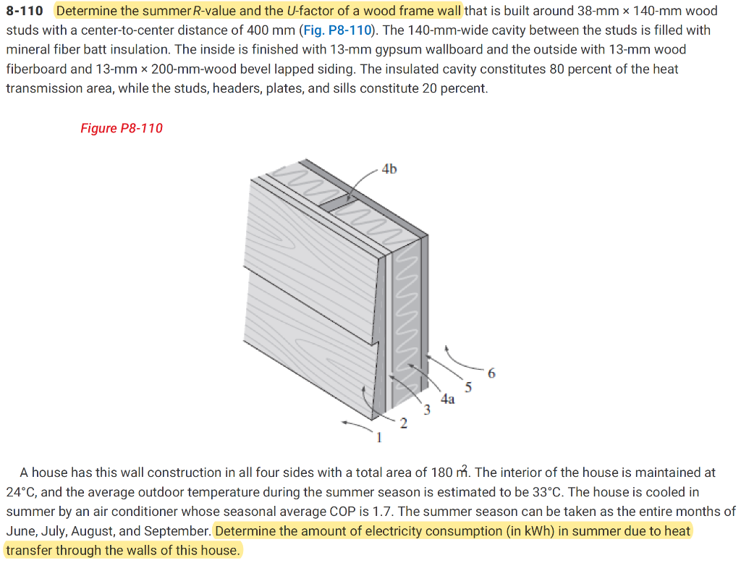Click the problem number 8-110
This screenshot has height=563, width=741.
point(25,12)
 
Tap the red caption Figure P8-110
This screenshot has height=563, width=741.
point(121,128)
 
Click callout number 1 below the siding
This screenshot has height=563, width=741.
point(377,437)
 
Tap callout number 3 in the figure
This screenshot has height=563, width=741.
point(427,411)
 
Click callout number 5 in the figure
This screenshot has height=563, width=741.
point(468,388)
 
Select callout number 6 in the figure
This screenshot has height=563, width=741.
point(492,373)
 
